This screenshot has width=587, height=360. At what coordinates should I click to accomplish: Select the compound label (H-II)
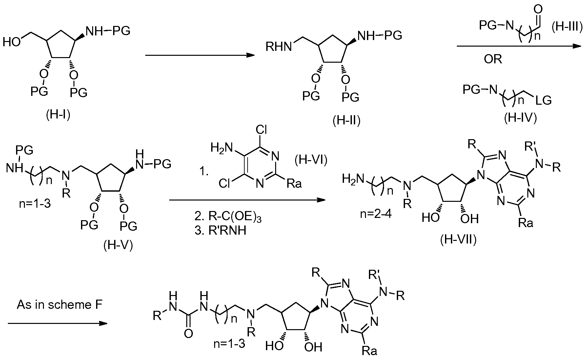(347, 121)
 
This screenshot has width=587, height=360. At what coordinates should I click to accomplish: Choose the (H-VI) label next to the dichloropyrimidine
(311, 160)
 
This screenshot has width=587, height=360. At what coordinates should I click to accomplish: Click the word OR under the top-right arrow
(493, 59)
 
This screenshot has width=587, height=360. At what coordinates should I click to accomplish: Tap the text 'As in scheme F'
(60, 305)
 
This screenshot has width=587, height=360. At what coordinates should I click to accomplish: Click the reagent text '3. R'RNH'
(220, 231)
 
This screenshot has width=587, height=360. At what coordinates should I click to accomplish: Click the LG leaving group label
(543, 100)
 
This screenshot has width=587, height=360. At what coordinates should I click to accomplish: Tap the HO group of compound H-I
(12, 42)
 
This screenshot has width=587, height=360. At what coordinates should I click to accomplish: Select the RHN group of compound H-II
(279, 47)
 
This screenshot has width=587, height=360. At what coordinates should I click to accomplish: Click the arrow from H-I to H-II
(200, 55)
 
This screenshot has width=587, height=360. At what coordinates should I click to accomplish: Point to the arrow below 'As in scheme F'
(57, 324)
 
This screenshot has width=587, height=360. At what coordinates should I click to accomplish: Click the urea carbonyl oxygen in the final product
(188, 334)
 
